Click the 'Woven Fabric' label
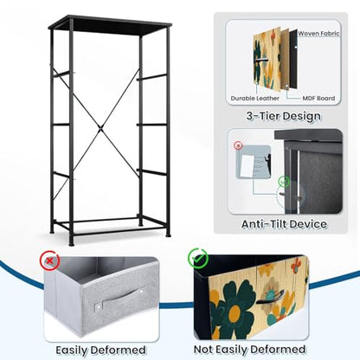pyautogui.click(x=318, y=34)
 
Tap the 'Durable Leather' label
pyautogui.click(x=255, y=99)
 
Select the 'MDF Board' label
pyautogui.click(x=318, y=99)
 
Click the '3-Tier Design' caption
pyautogui.click(x=284, y=116)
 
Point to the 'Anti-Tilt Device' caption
pyautogui.click(x=284, y=224)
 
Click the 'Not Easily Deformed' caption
pyautogui.click(x=249, y=350)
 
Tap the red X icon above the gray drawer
pyautogui.click(x=49, y=260)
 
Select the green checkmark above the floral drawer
pyautogui.click(x=198, y=258)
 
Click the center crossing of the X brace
pyautogui.click(x=100, y=128)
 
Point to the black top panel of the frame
pyautogui.click(x=110, y=25)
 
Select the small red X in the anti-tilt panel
pyautogui.click(x=238, y=145)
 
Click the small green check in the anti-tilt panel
pyautogui.click(x=284, y=182)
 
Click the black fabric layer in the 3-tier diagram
pyautogui.click(x=293, y=59)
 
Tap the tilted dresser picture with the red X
pyautogui.click(x=254, y=162)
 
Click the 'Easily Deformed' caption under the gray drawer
pyautogui.click(x=100, y=350)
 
